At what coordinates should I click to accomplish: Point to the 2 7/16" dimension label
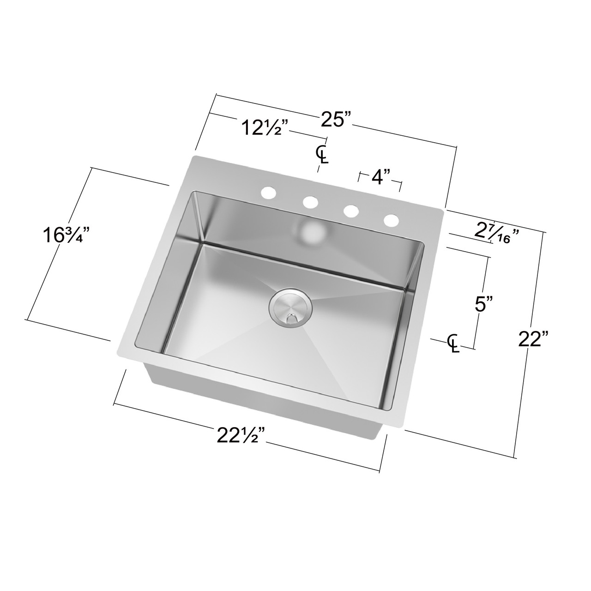pos(498,233)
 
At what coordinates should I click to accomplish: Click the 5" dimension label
pos(484,304)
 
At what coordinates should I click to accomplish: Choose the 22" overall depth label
pos(533,341)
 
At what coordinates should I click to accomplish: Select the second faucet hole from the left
pos(310,202)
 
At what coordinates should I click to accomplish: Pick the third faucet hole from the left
pos(351,211)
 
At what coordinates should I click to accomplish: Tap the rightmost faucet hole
pos(392,220)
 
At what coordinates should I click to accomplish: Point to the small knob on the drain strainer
pos(291,317)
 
